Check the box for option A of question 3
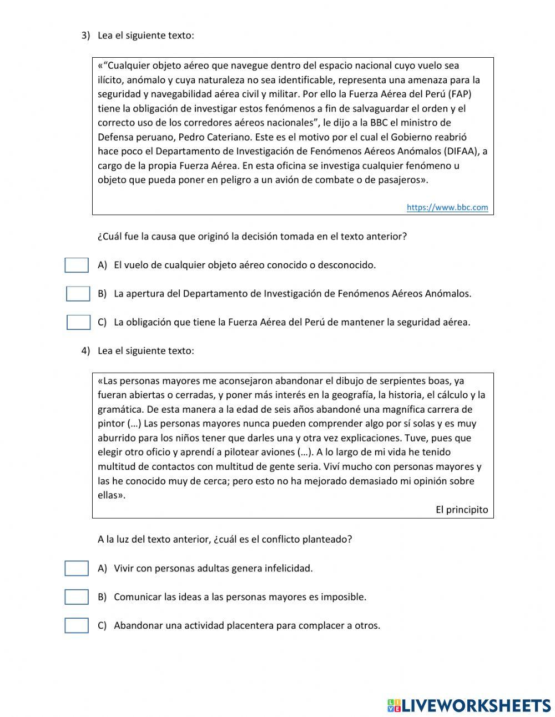point(77,265)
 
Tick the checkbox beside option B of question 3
point(78,294)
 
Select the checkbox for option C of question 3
point(78,322)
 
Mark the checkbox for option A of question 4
point(77,569)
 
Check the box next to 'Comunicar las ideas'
point(77,597)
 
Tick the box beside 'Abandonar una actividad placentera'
point(77,625)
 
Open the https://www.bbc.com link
point(447,207)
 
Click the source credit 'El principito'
point(462,509)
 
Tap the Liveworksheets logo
point(469,705)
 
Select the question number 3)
point(85,36)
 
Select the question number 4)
point(85,351)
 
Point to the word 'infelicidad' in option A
point(290,568)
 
